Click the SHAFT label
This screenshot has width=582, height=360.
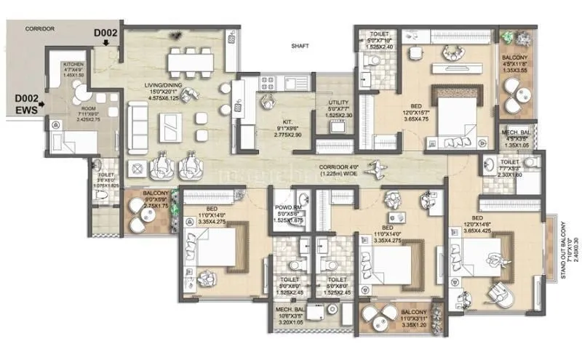point(300,45)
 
